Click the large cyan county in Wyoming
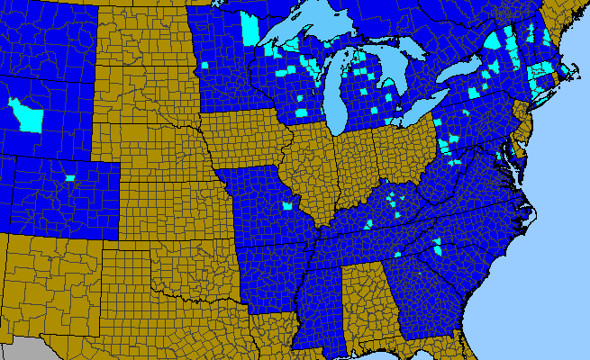(27, 114)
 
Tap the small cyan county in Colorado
(69, 177)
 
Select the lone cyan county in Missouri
(287, 206)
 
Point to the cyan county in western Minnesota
(205, 66)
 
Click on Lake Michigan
(337, 99)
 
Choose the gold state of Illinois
(311, 171)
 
